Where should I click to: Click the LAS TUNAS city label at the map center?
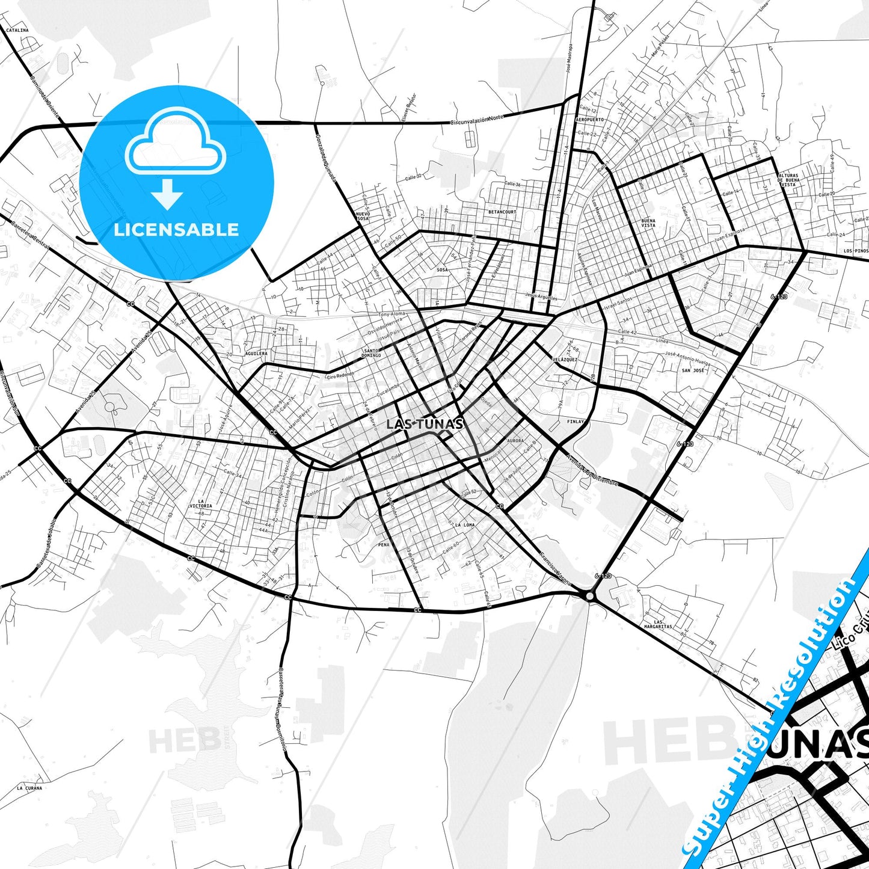(425, 424)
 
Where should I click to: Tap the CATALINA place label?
(17, 29)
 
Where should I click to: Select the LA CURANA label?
(29, 788)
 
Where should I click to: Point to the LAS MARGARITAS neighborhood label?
(659, 624)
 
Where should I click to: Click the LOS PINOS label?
(856, 251)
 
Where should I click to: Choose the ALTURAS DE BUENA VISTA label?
(788, 180)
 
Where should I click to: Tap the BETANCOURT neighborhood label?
(502, 212)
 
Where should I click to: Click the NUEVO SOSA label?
(363, 216)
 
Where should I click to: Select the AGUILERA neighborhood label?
(256, 354)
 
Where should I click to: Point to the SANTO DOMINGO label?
(372, 353)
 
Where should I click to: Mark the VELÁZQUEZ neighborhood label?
(565, 359)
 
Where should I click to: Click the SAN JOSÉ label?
(693, 370)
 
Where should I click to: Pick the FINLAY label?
(576, 422)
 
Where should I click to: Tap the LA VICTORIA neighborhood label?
(205, 503)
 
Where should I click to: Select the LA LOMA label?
(465, 525)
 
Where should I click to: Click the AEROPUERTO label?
(589, 120)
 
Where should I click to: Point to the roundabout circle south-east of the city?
(589, 595)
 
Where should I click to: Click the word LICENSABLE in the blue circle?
(176, 229)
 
